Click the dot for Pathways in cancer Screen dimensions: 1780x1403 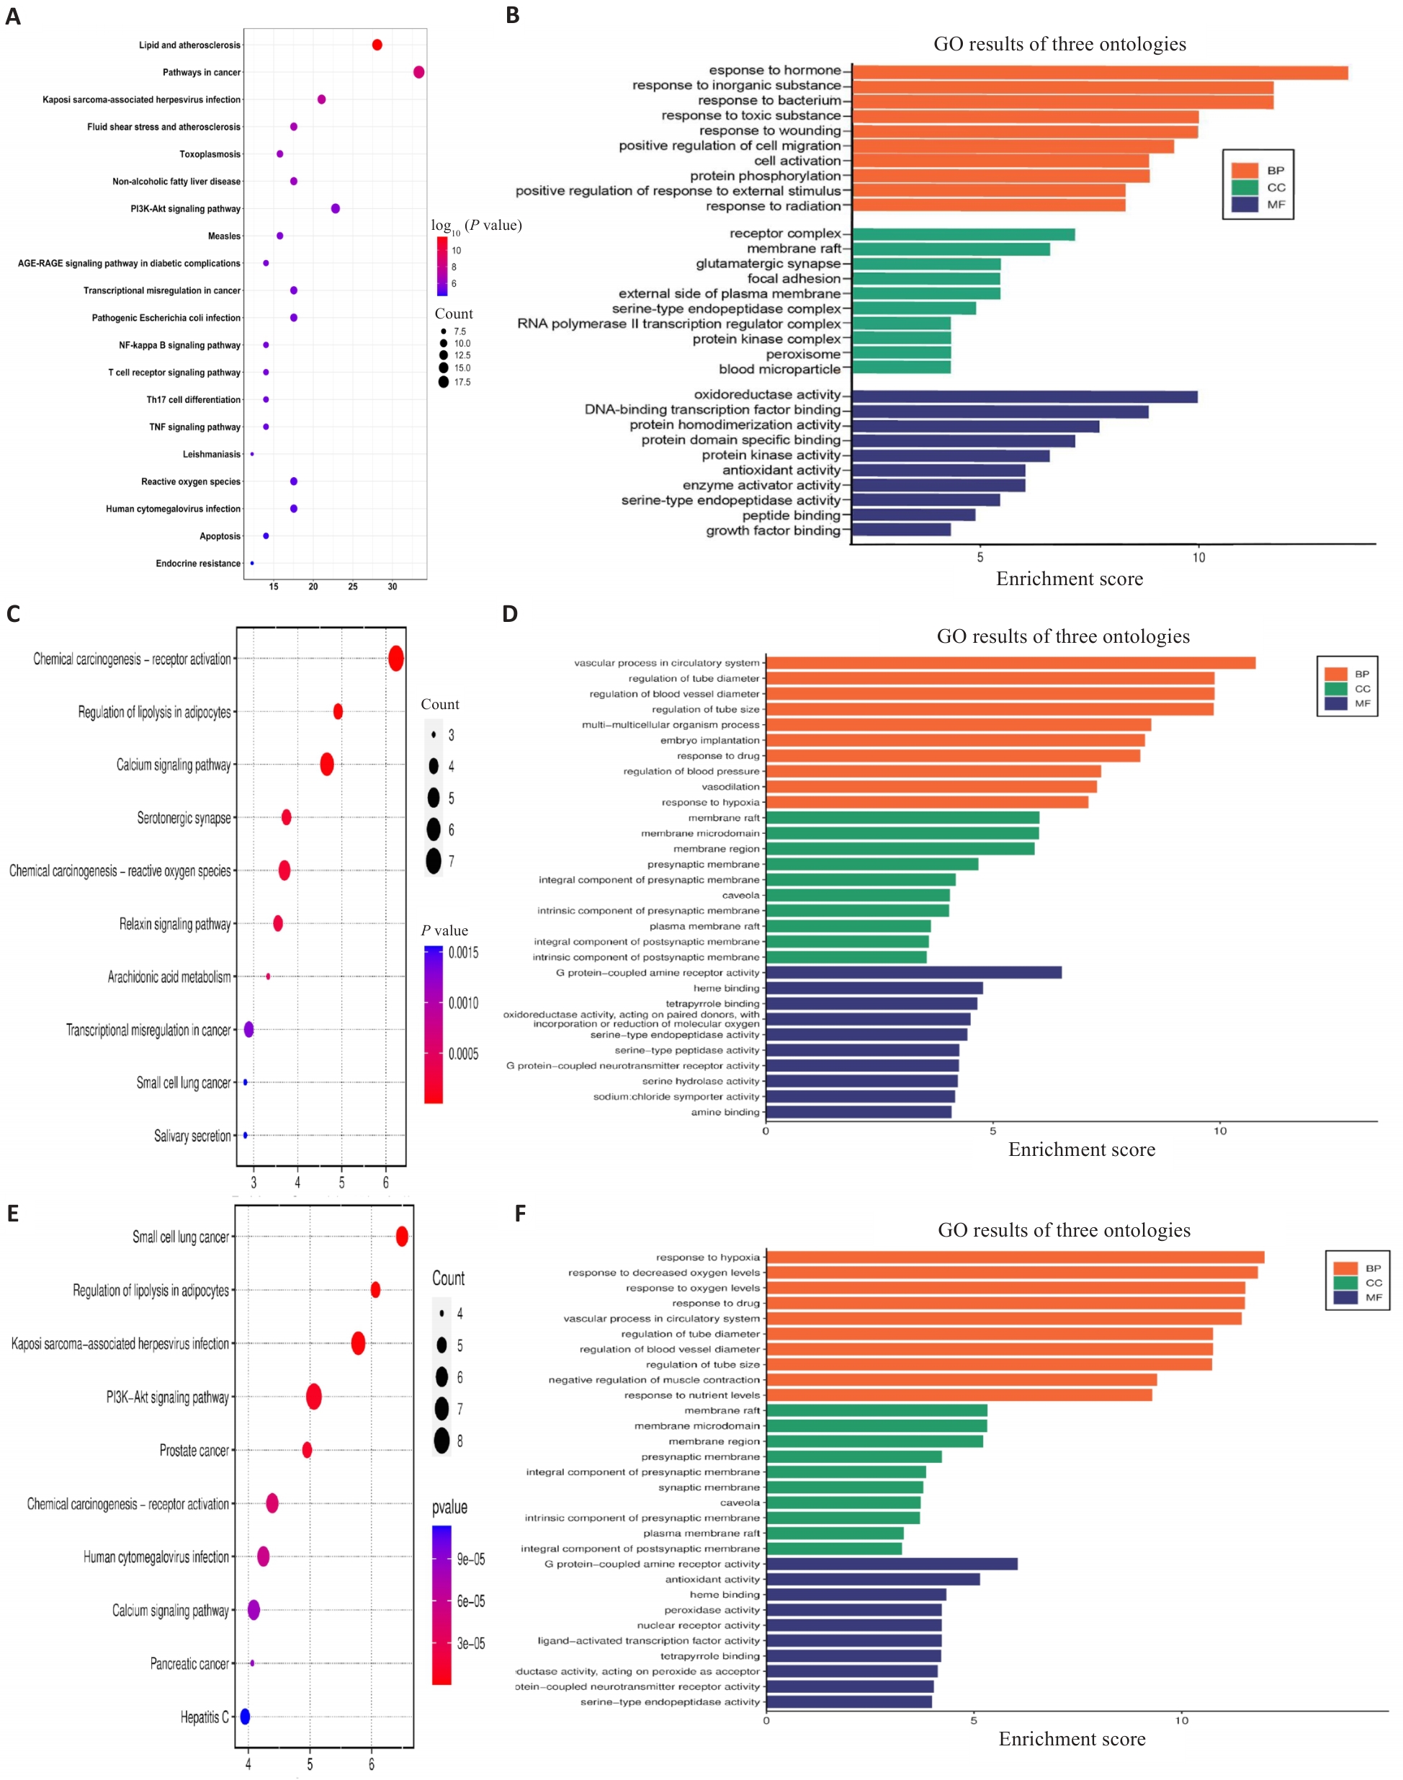[419, 72]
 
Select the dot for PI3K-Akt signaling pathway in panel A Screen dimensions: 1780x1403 [335, 209]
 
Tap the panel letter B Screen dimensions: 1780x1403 [513, 16]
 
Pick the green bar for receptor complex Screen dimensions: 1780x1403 [963, 235]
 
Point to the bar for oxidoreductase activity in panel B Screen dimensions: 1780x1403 [1024, 397]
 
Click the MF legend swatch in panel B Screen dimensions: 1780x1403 [1245, 205]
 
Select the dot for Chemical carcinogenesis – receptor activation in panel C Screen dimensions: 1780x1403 [396, 659]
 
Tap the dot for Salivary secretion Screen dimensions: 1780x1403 [245, 1136]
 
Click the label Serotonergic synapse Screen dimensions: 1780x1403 [184, 819]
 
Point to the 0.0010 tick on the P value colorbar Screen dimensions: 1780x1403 [463, 1003]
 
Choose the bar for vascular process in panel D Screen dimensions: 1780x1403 [1010, 663]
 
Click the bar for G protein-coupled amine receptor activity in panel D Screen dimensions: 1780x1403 [913, 973]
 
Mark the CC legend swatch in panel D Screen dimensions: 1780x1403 [1335, 689]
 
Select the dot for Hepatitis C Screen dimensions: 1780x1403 [245, 1716]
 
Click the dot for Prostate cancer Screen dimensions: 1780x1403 [308, 1450]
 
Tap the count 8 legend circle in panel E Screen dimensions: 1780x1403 [442, 1441]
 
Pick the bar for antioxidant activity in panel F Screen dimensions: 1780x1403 [872, 1580]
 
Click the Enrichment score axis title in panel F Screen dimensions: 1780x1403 [1072, 1739]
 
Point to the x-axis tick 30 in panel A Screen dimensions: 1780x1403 [393, 587]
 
